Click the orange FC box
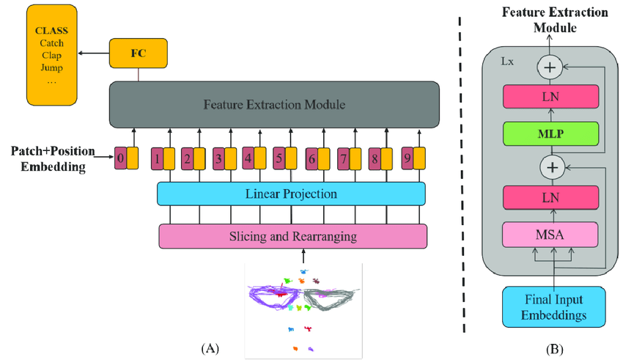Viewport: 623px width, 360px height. point(138,53)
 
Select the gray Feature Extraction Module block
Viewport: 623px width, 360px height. point(274,106)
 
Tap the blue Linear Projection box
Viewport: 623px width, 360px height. point(291,194)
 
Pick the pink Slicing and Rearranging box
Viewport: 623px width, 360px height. point(292,236)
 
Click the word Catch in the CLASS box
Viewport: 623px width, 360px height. point(51,43)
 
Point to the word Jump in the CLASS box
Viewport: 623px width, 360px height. point(51,68)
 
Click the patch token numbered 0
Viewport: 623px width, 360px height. point(121,158)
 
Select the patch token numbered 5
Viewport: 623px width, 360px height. point(279,158)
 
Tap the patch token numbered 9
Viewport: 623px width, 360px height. point(407,158)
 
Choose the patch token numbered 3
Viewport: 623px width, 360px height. point(218,158)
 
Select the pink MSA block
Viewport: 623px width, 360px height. point(550,235)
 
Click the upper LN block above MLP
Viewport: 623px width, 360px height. point(550,96)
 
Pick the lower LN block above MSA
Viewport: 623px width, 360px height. point(550,199)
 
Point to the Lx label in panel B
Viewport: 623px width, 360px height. point(506,62)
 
